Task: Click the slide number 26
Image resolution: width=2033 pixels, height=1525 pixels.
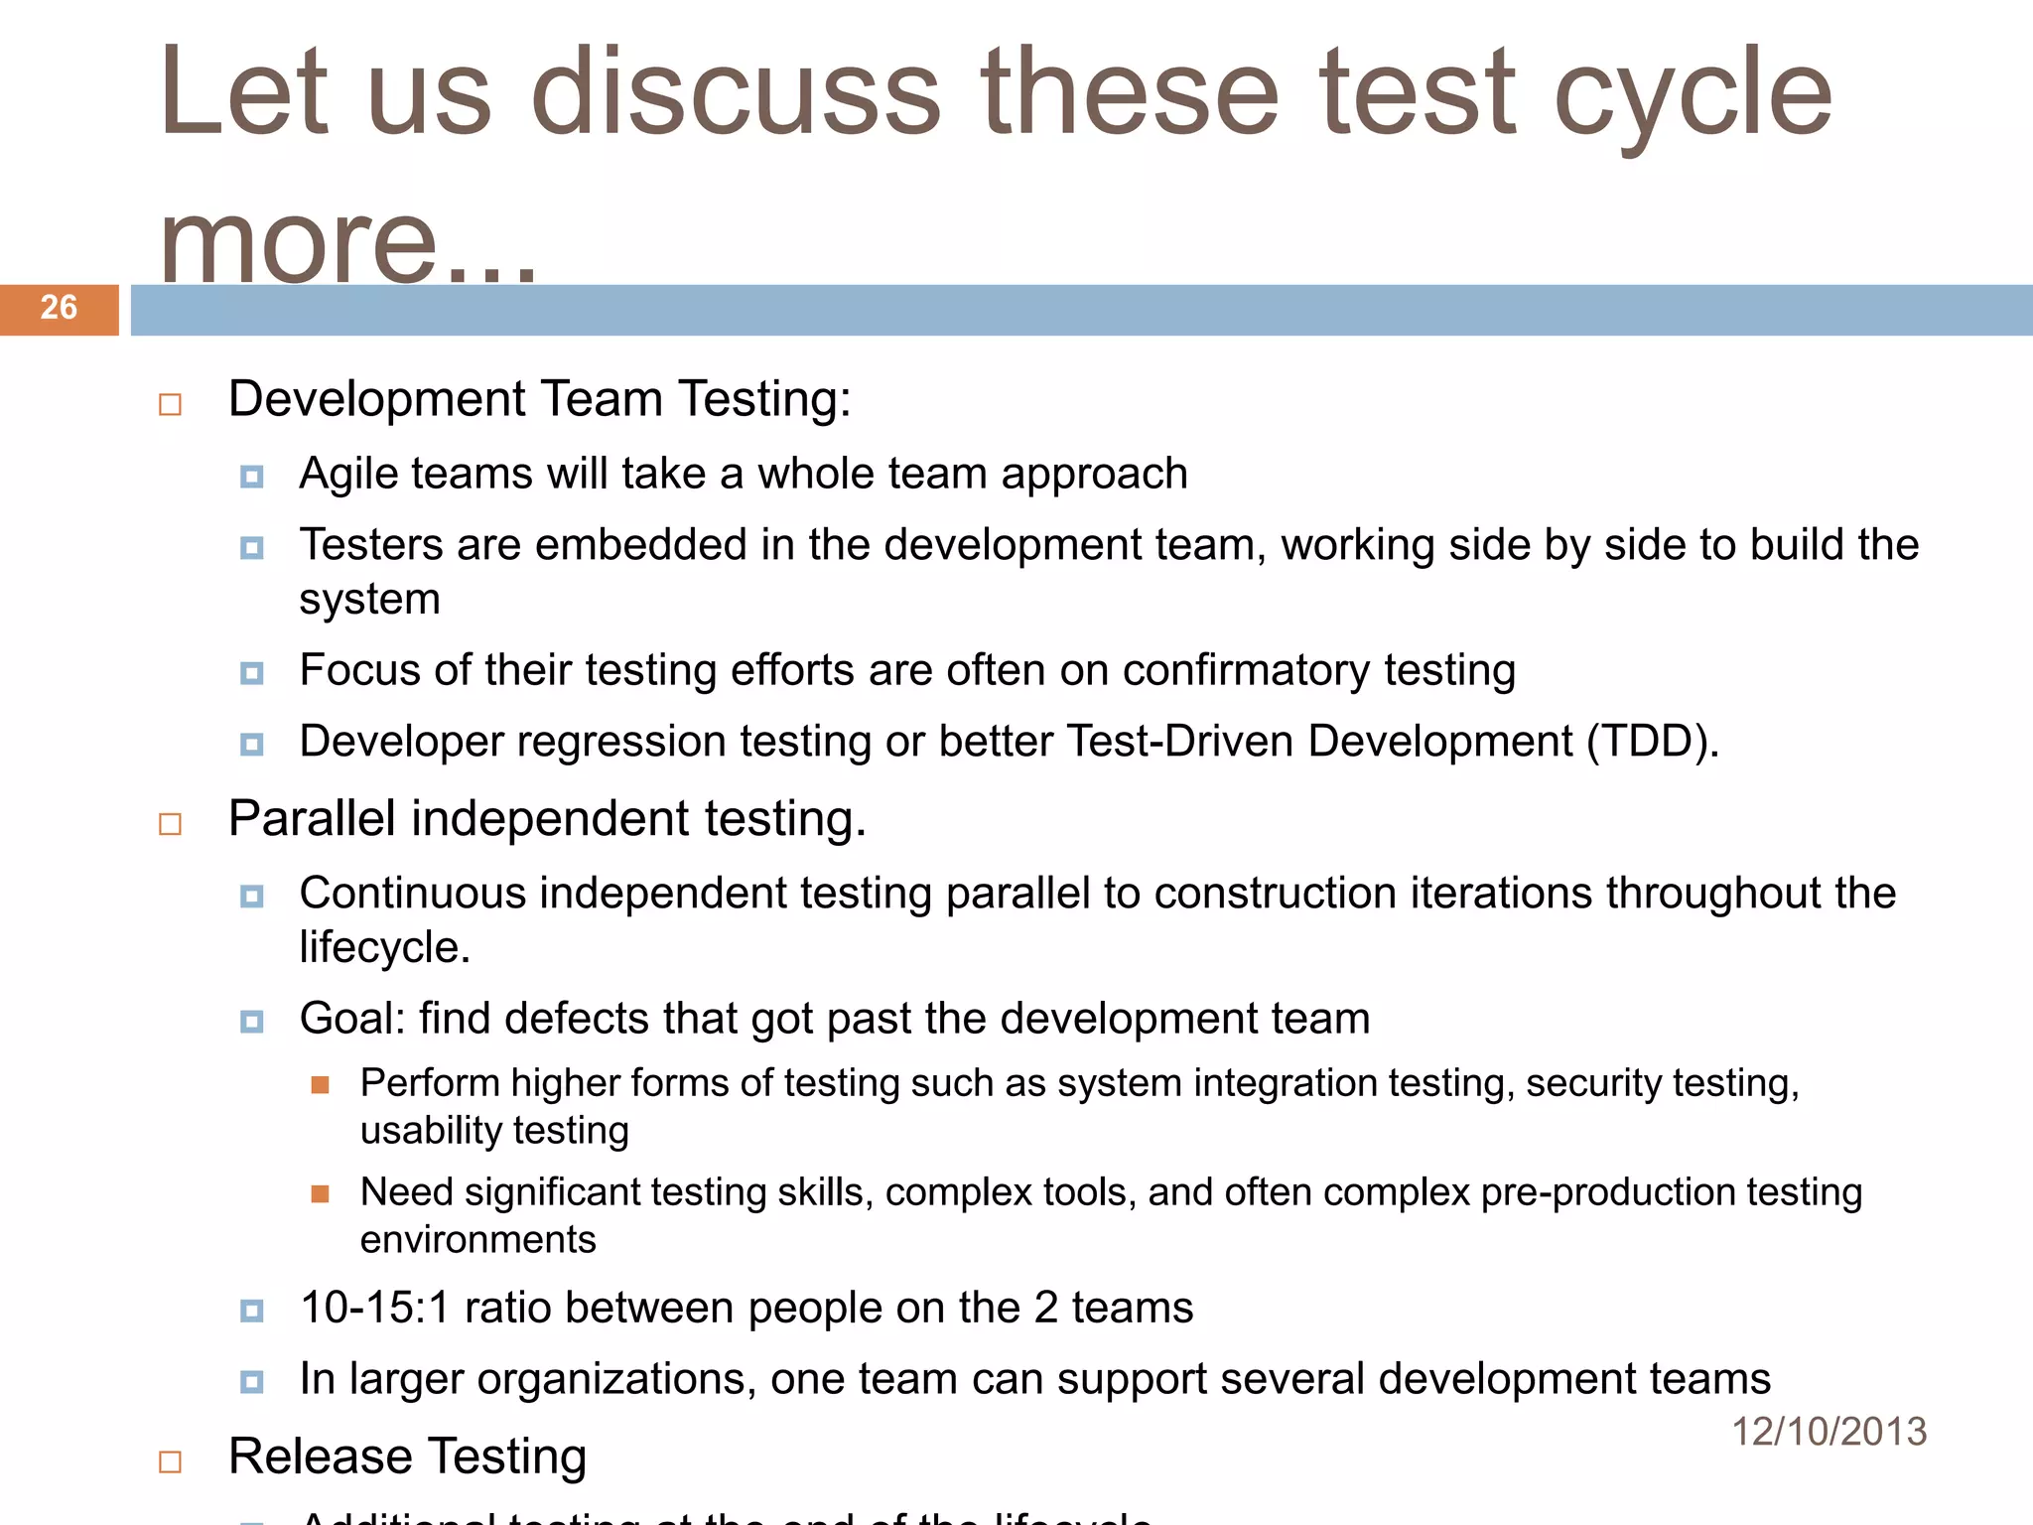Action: [59, 308]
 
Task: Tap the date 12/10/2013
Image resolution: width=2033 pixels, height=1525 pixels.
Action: [1829, 1432]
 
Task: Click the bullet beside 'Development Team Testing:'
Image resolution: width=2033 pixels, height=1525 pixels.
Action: [171, 405]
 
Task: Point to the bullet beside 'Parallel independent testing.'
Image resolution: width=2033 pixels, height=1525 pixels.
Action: [171, 825]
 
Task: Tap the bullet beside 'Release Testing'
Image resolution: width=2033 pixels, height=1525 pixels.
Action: [171, 1462]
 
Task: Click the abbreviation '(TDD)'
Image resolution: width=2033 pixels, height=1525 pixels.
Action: [1652, 742]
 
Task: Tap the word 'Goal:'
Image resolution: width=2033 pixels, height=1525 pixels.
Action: [352, 1019]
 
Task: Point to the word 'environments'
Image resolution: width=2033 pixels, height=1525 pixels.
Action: [477, 1240]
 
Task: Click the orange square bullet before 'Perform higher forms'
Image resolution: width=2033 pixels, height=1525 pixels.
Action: [320, 1084]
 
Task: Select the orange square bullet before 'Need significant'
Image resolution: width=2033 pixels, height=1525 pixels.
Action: [320, 1193]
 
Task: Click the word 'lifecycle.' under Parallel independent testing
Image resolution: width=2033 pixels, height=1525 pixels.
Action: [384, 947]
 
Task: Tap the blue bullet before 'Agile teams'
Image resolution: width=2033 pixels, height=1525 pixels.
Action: [252, 478]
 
